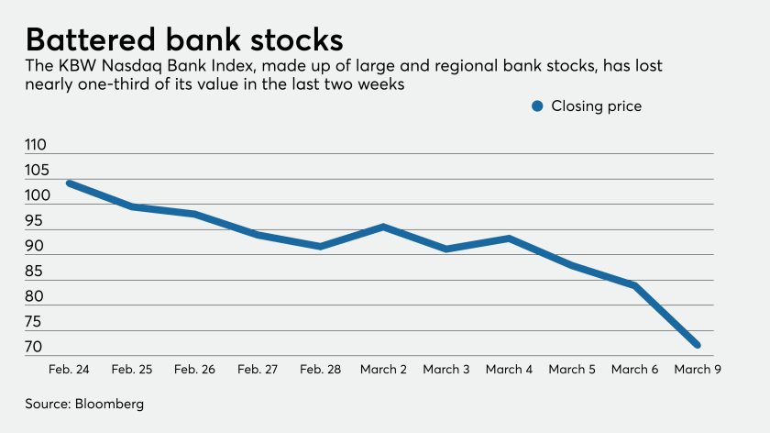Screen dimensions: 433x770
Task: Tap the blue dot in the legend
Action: pyautogui.click(x=538, y=106)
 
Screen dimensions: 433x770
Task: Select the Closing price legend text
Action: pyautogui.click(x=596, y=106)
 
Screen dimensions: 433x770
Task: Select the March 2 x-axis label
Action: pyautogui.click(x=382, y=369)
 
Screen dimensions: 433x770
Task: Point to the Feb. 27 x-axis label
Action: pyautogui.click(x=258, y=369)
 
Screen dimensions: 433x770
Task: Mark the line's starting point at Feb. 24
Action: pyautogui.click(x=69, y=183)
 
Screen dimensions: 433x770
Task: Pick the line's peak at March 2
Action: pyautogui.click(x=382, y=226)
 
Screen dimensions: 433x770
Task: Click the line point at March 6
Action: pyautogui.click(x=634, y=285)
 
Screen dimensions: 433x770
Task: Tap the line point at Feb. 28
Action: pyautogui.click(x=320, y=247)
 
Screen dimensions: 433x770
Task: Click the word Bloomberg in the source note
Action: pyautogui.click(x=110, y=404)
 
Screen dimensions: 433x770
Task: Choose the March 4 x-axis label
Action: pyautogui.click(x=509, y=369)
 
